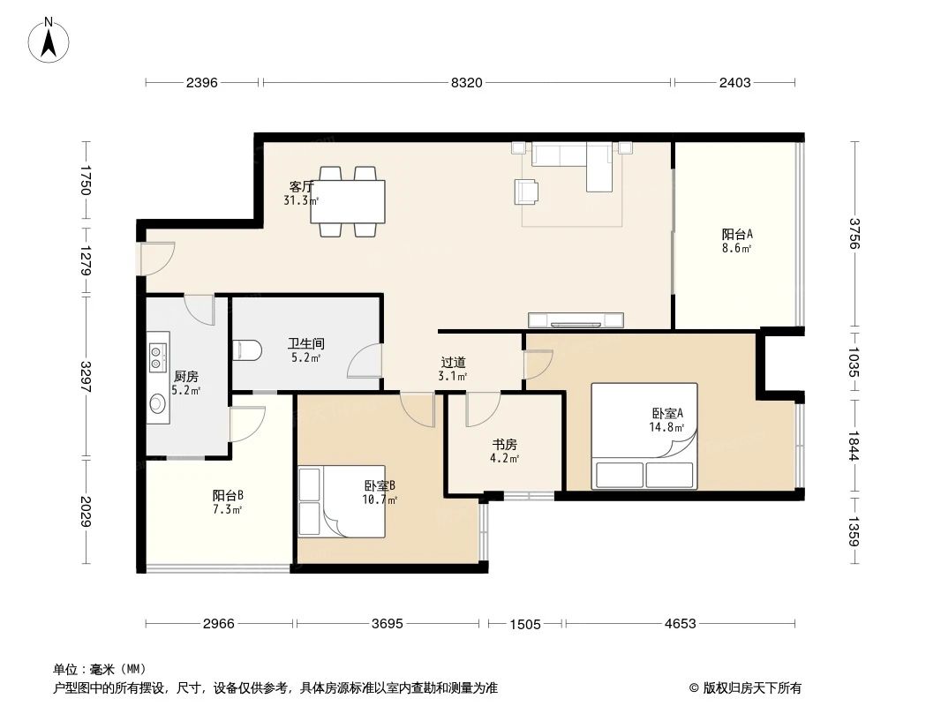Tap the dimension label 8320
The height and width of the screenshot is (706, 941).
point(466,83)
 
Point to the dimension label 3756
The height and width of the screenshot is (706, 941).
point(854,234)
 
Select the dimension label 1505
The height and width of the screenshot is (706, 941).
point(525,624)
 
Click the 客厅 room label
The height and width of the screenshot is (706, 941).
point(302,187)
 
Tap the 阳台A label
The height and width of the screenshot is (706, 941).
point(737,235)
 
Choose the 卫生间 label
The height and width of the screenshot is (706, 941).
point(305,343)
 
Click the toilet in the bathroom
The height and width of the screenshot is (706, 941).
point(246,351)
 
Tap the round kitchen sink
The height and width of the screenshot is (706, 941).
point(157,404)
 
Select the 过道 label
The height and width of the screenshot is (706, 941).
point(454,363)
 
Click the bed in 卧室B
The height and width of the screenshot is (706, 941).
point(344,500)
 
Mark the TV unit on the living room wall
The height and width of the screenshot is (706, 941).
point(576,319)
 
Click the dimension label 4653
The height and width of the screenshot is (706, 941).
point(680,624)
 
